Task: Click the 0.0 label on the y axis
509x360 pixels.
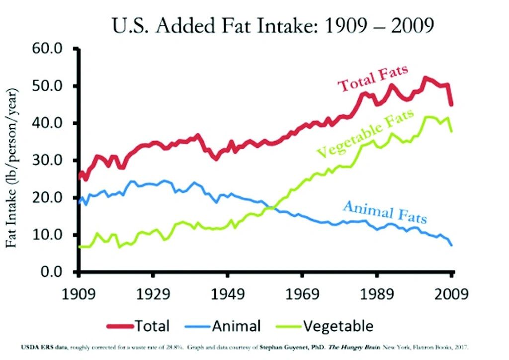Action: (x=52, y=272)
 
